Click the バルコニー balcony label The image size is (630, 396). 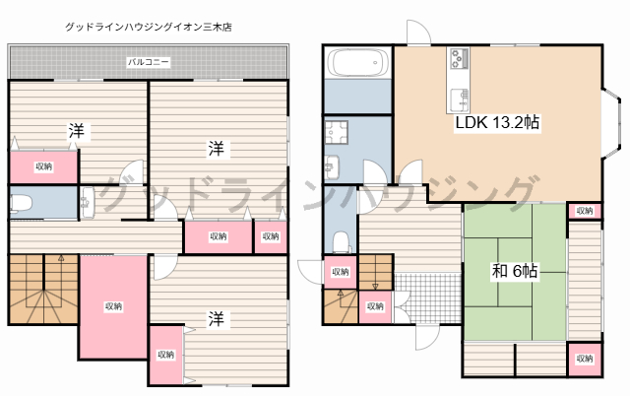(148, 62)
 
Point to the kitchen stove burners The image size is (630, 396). (460, 59)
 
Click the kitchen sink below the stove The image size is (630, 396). (459, 99)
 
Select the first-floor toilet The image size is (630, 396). (340, 240)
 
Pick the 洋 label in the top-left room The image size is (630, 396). (76, 130)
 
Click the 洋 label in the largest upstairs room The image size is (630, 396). (215, 149)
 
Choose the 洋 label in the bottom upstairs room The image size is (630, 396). (214, 317)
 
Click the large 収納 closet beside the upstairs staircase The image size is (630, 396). (113, 306)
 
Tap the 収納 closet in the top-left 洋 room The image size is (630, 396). (43, 166)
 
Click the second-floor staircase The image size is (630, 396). (41, 291)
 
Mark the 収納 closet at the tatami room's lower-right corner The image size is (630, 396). (584, 360)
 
